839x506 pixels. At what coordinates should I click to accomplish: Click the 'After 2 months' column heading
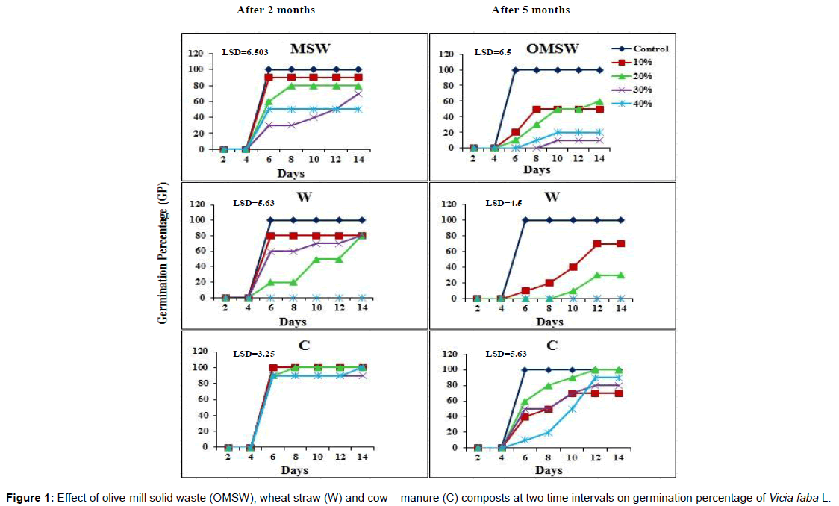pos(275,10)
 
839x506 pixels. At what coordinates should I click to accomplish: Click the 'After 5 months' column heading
pos(530,10)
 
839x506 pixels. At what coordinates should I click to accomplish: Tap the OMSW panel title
pos(552,49)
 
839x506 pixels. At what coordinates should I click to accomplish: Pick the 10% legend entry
pos(642,63)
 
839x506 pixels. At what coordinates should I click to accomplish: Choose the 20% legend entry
pos(642,76)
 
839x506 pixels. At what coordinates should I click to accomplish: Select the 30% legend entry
pos(642,90)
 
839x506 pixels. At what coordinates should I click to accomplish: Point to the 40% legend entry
pos(642,103)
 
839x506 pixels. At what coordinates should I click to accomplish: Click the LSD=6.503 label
pos(245,52)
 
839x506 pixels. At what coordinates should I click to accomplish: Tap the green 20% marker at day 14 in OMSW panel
pos(599,101)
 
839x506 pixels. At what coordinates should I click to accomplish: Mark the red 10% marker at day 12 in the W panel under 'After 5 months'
pos(597,243)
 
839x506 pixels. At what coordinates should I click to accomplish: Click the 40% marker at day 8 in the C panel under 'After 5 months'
pos(549,432)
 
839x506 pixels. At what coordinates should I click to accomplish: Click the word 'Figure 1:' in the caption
pos(29,498)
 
